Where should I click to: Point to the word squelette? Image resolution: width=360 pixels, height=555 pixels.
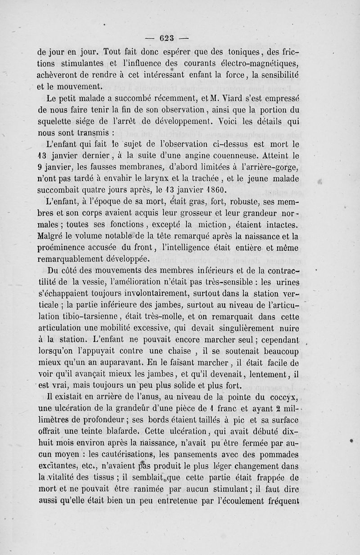[58, 121]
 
